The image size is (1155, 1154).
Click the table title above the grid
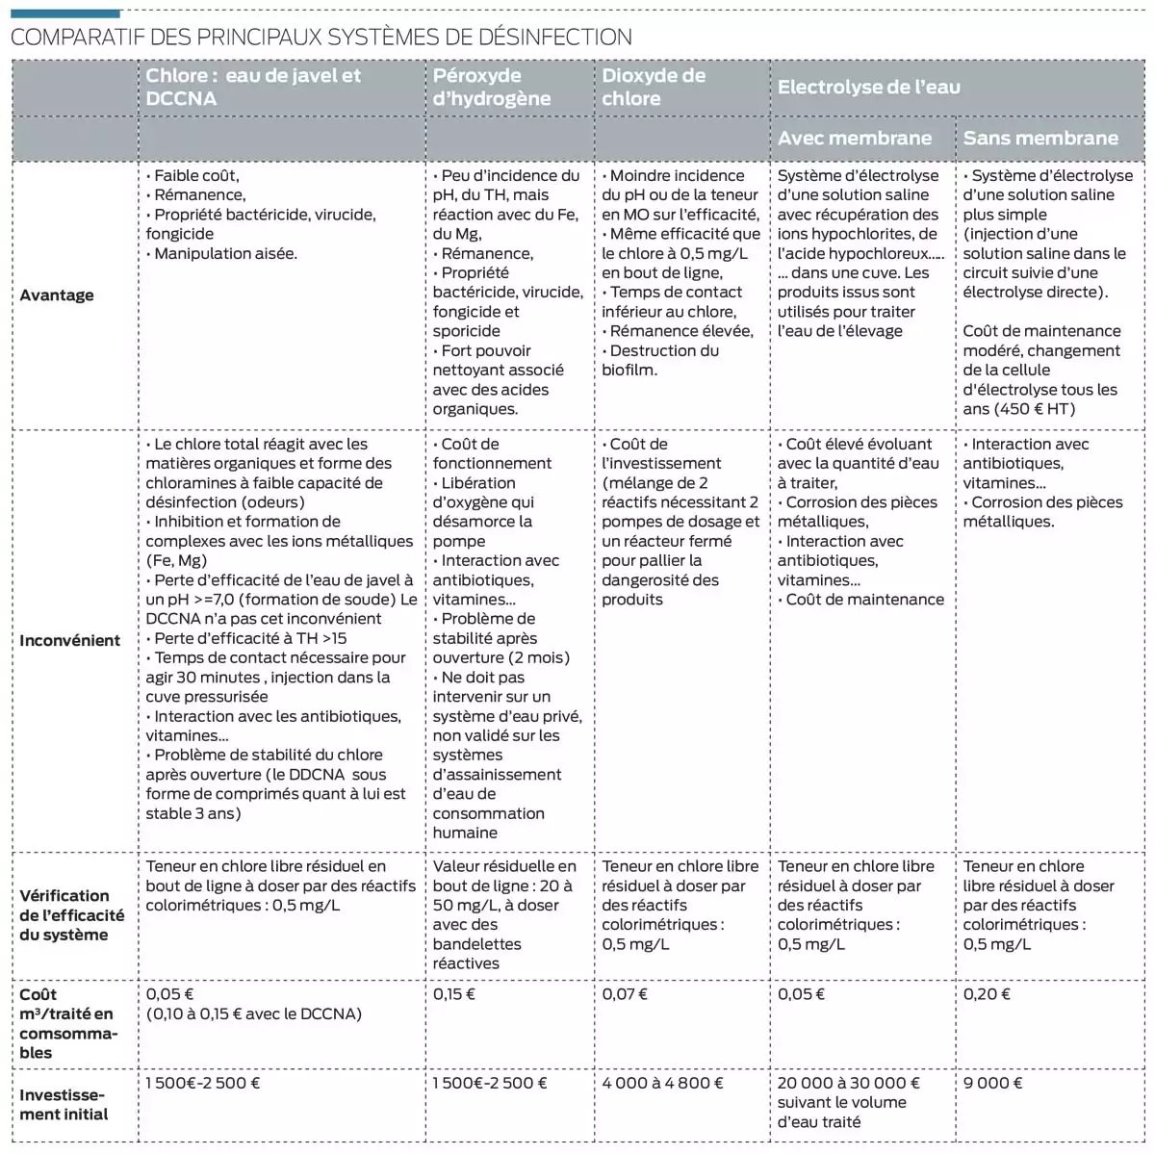pyautogui.click(x=321, y=38)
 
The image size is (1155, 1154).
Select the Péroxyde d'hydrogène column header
pyautogui.click(x=491, y=87)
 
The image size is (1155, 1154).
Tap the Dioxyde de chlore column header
pyautogui.click(x=654, y=87)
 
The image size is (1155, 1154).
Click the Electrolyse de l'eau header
pyautogui.click(x=868, y=87)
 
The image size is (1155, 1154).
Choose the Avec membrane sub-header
pyautogui.click(x=854, y=138)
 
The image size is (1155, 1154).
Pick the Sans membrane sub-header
pyautogui.click(x=1039, y=138)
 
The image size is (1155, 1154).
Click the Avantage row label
pyautogui.click(x=57, y=295)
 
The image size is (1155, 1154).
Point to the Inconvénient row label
pyautogui.click(x=69, y=640)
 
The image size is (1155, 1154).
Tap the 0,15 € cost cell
pyautogui.click(x=453, y=994)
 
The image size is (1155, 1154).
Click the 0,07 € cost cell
pyautogui.click(x=625, y=994)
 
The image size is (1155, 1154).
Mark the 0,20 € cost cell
pyautogui.click(x=987, y=994)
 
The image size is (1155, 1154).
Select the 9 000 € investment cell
pyautogui.click(x=992, y=1083)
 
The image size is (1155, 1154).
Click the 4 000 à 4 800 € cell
pyautogui.click(x=662, y=1083)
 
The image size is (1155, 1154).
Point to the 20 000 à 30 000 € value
pyautogui.click(x=848, y=1083)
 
